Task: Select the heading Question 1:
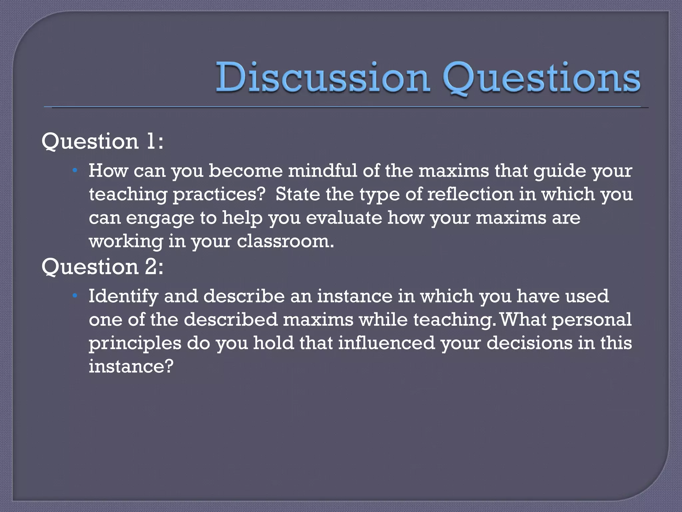(x=103, y=141)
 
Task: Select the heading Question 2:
(x=103, y=267)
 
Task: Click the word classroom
(x=285, y=241)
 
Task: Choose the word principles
(x=135, y=343)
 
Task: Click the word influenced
(x=387, y=343)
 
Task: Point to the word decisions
(x=529, y=343)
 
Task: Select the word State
(x=298, y=194)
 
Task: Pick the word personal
(x=591, y=320)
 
